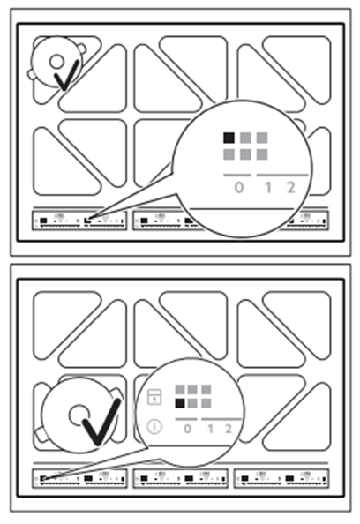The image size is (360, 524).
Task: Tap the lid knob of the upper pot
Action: coord(56,62)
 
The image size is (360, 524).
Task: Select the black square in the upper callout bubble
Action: coord(229,138)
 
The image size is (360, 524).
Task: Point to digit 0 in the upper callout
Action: coord(238,188)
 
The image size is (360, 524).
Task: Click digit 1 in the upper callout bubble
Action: coord(267,188)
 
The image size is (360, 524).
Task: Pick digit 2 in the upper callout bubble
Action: coord(291,188)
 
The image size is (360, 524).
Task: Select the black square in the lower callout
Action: coord(180,403)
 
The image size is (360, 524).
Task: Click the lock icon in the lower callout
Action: coord(154,397)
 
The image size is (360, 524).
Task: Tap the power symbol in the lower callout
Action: coord(154,426)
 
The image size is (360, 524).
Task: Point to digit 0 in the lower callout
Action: coord(188,429)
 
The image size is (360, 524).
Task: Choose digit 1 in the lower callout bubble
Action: coord(210,429)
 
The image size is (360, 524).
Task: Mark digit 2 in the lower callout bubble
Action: coord(229,429)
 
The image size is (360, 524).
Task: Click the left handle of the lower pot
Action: coord(41,435)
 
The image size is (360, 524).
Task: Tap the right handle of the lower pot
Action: coord(116,395)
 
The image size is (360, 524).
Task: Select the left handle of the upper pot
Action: coord(32,74)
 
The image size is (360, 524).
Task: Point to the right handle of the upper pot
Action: coord(82,49)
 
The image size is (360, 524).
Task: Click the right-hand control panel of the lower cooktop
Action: coord(281,478)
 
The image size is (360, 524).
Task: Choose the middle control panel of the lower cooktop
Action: coord(181,478)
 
